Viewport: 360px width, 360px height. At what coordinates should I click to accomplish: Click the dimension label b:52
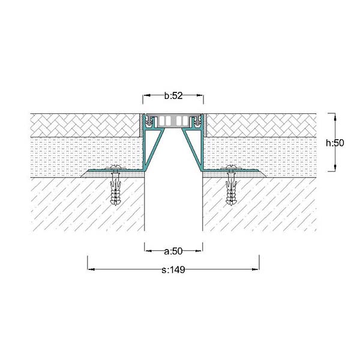point(173,96)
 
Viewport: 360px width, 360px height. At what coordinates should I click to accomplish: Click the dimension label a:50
point(173,251)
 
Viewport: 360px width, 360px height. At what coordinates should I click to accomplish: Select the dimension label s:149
point(173,270)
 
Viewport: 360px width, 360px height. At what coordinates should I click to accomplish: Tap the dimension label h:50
point(335,143)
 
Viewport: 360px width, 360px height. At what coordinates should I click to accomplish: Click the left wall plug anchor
point(115,189)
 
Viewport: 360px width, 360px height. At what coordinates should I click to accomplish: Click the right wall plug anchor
point(231,189)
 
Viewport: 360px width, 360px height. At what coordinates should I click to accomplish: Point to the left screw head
point(115,167)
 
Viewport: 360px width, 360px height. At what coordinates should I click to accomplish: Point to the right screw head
point(231,167)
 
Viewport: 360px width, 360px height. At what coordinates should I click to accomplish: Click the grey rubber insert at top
point(173,121)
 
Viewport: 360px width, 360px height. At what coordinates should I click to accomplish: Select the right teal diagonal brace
point(192,148)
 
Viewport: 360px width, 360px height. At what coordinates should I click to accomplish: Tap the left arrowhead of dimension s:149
point(91,269)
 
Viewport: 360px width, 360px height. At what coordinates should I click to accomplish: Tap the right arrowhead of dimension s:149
point(256,269)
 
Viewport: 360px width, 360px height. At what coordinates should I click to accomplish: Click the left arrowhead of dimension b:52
point(147,95)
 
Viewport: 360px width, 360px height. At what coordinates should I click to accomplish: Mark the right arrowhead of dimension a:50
point(199,251)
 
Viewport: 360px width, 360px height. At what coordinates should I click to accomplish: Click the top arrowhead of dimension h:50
point(335,117)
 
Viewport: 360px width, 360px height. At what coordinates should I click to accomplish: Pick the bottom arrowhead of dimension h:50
point(335,167)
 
